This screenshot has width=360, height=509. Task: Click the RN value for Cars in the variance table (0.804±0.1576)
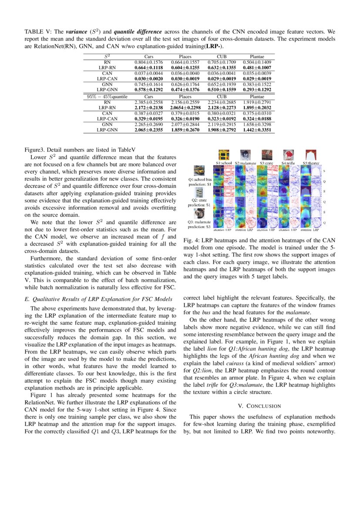tap(148, 63)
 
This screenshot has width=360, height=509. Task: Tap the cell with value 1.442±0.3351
tap(259, 130)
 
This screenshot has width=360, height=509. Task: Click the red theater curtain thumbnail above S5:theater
tap(310, 155)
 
